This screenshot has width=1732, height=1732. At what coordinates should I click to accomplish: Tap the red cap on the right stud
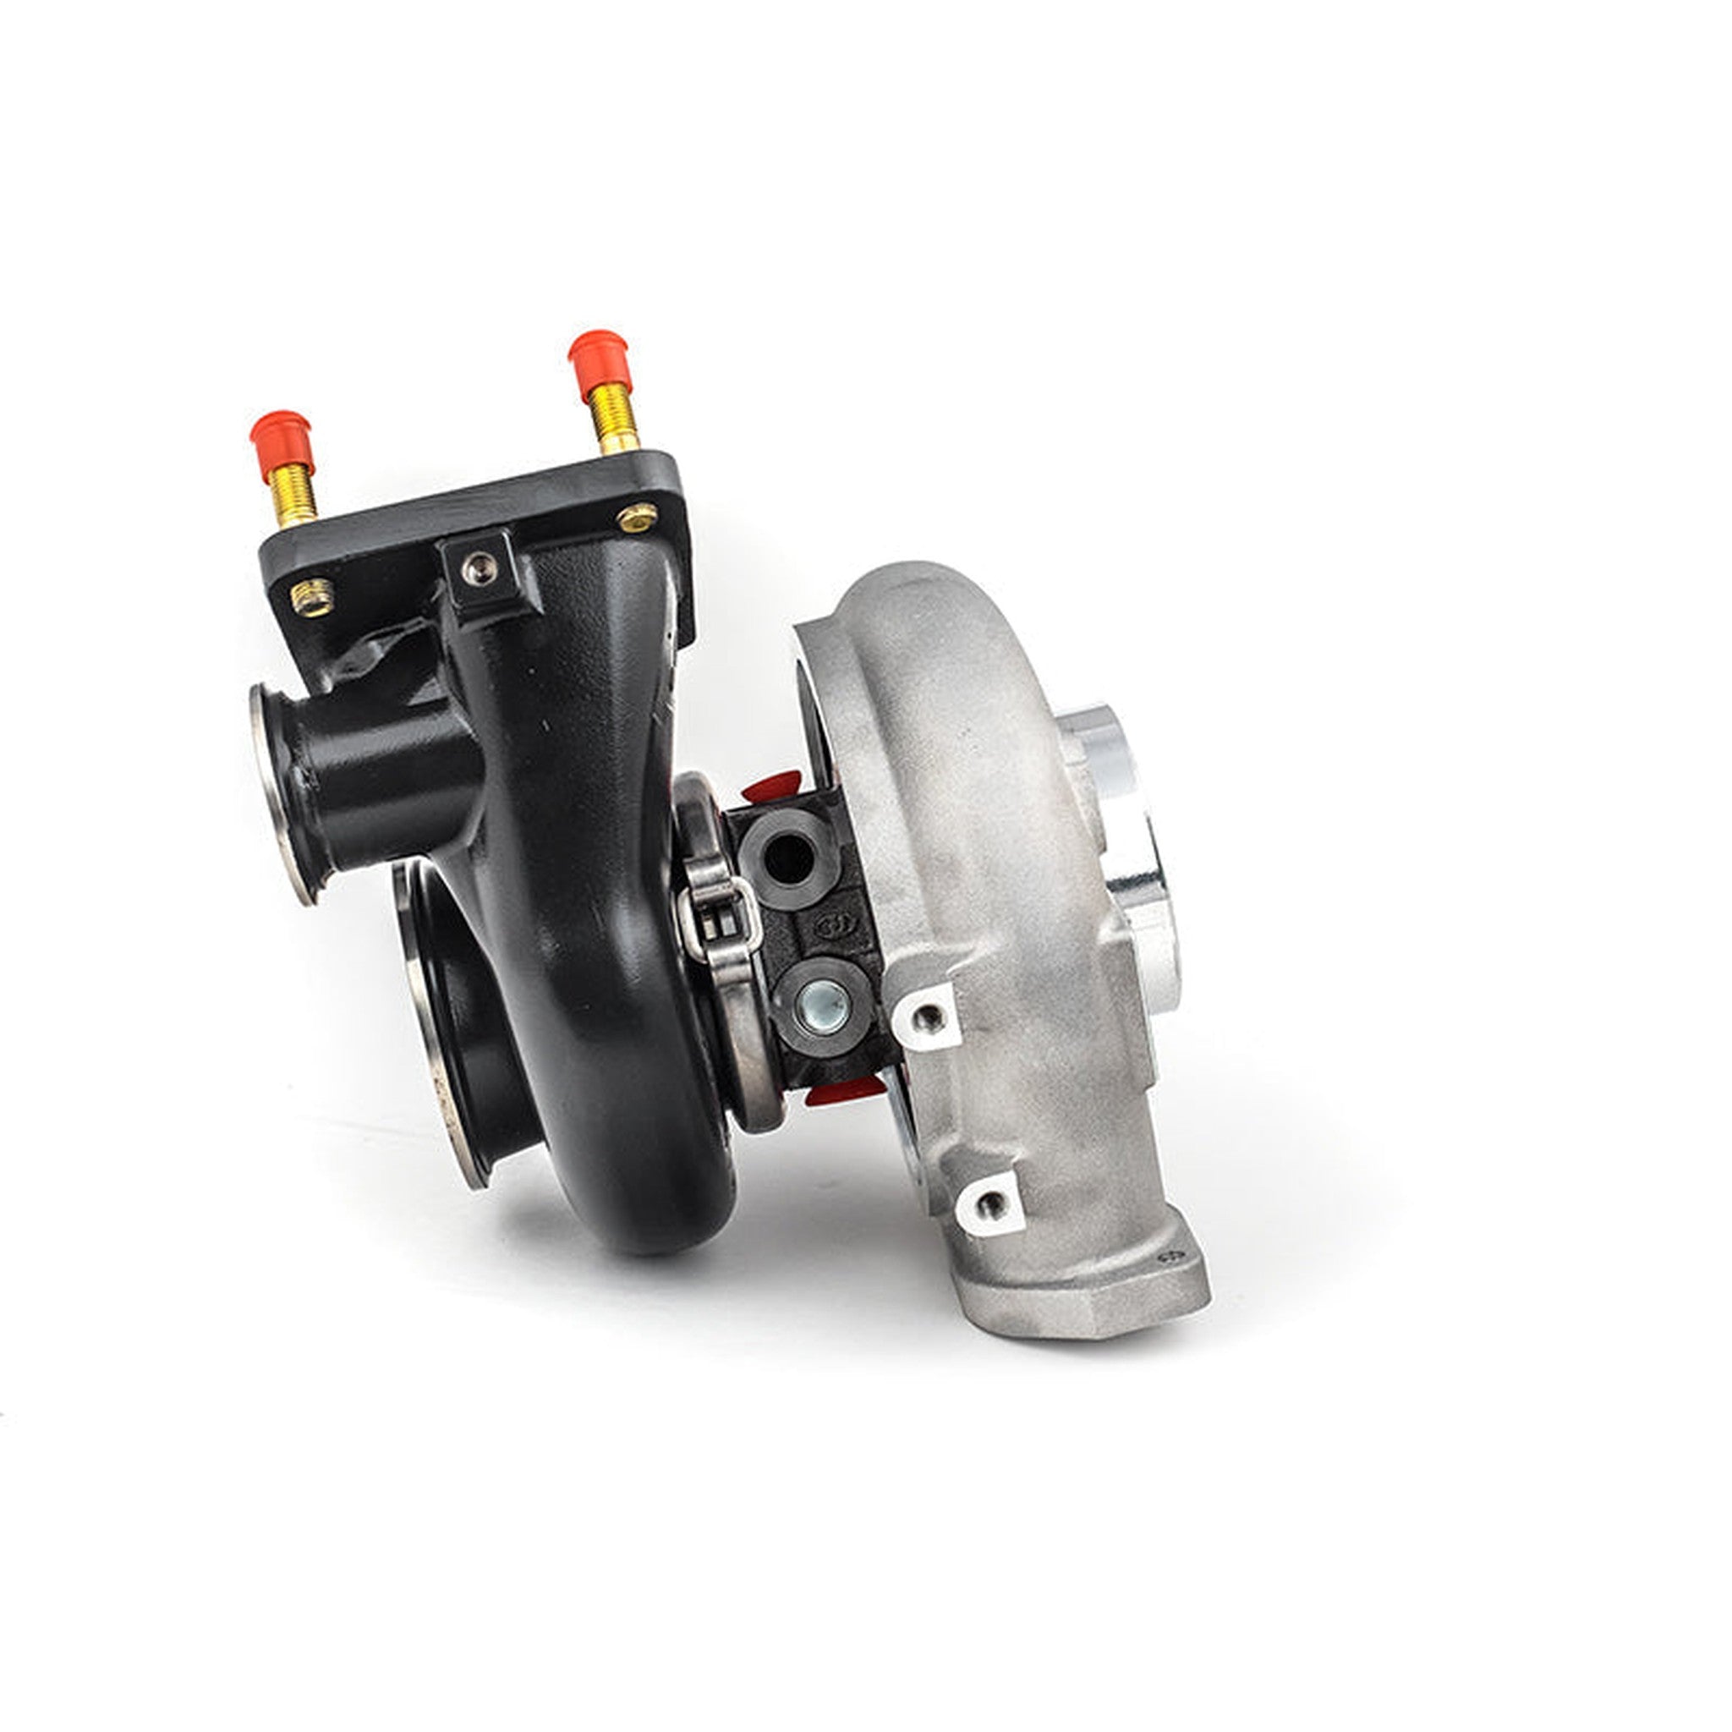click(x=600, y=363)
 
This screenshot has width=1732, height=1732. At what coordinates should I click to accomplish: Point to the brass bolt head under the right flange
click(x=637, y=518)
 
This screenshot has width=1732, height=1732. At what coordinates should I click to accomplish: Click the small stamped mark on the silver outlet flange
click(x=1168, y=1257)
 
